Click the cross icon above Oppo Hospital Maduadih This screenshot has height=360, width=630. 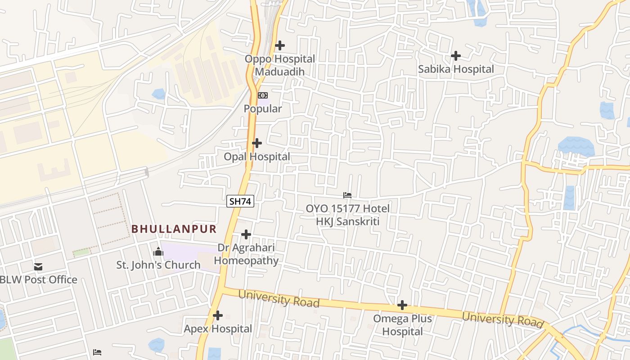click(280, 45)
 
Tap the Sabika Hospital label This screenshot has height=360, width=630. click(456, 69)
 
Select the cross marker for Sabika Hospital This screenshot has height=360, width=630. click(456, 56)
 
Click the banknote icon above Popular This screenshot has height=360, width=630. click(263, 95)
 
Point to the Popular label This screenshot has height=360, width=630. click(263, 109)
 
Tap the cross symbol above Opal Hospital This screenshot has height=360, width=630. click(257, 143)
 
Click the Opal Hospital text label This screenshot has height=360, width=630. click(257, 157)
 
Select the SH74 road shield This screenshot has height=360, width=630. click(240, 202)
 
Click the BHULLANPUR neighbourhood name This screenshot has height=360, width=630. click(174, 229)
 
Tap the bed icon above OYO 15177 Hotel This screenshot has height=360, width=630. click(347, 195)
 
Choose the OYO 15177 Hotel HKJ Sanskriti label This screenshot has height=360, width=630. click(347, 215)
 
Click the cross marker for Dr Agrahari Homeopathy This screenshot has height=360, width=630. click(246, 234)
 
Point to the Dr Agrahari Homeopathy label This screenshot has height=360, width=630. click(246, 254)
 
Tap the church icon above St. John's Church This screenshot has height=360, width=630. click(158, 252)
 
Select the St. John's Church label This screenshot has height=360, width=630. click(158, 265)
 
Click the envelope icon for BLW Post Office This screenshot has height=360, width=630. click(38, 267)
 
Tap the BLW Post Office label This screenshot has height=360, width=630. click(39, 280)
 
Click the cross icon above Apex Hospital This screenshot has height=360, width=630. click(218, 315)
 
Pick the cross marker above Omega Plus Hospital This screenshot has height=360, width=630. click(402, 306)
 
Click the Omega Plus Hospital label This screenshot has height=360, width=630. click(402, 325)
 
